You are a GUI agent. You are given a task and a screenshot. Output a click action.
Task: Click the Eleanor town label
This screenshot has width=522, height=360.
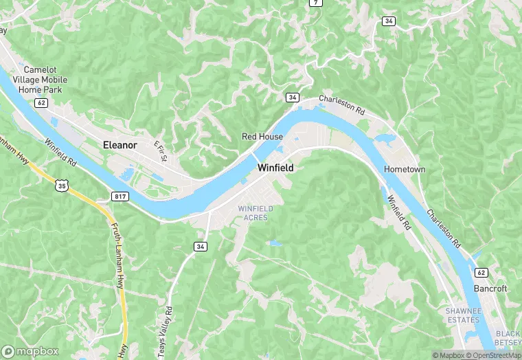tap(120, 145)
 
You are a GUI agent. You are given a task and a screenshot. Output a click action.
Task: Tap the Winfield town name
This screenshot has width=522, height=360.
tap(275, 168)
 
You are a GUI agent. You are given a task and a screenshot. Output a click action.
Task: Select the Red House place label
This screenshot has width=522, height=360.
tap(262, 137)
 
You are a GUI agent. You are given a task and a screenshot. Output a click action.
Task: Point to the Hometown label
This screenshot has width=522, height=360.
tap(405, 169)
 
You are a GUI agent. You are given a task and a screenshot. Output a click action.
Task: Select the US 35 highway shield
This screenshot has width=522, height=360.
tap(63, 185)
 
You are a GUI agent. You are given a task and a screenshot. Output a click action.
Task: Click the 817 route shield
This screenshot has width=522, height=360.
tap(120, 196)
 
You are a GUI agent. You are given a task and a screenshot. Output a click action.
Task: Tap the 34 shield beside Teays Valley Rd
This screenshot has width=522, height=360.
tap(201, 246)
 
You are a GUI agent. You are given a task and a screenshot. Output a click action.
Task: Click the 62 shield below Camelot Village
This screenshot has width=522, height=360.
tap(41, 103)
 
